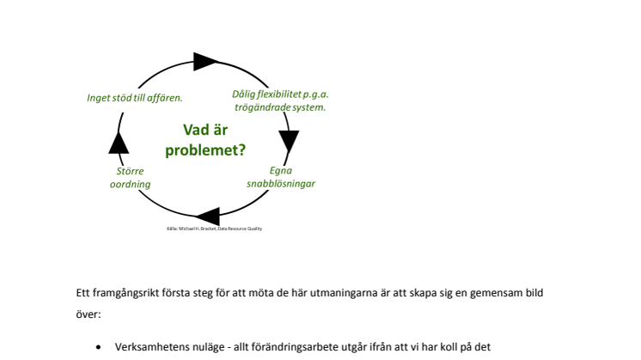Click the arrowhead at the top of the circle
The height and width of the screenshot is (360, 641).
point(206,61)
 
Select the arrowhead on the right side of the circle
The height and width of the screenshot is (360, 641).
point(289,140)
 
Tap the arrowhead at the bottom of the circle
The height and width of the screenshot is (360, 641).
point(207,218)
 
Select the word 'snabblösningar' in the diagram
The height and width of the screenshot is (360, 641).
point(281,184)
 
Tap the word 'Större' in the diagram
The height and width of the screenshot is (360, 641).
point(130,171)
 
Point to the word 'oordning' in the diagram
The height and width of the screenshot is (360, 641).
point(130,184)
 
